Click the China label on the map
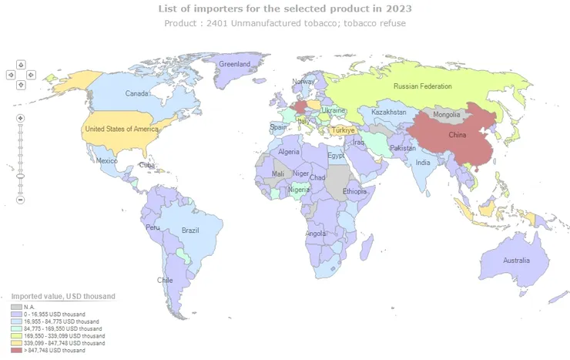[x=458, y=135]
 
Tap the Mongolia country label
[x=447, y=115]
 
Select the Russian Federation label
[x=422, y=86]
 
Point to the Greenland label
[x=236, y=64]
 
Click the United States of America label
[x=122, y=129]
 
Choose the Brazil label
[x=190, y=230]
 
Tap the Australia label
[x=516, y=261]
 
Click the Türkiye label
[x=342, y=130]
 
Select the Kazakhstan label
[x=388, y=113]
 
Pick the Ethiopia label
[x=354, y=191]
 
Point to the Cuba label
[x=146, y=166]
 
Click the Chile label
[x=165, y=281]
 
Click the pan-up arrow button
[x=21, y=65]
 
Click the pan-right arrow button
[x=32, y=75]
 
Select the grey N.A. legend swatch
[x=15, y=308]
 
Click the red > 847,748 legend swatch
[x=15, y=351]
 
